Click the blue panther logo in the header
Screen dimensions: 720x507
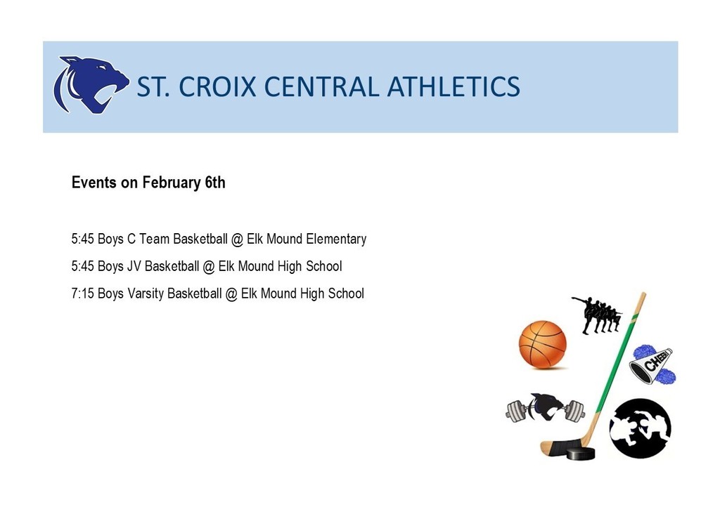click(x=91, y=85)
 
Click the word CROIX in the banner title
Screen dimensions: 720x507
click(x=217, y=86)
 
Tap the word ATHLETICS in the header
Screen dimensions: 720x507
click(x=454, y=86)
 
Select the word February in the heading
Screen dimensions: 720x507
click(x=172, y=183)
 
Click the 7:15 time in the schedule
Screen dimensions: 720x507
click(x=83, y=294)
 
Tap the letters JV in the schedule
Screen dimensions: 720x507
click(x=134, y=266)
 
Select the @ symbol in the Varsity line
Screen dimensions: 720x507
click(x=231, y=294)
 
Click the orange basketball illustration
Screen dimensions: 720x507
click(x=542, y=344)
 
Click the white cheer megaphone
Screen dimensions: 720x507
click(x=651, y=365)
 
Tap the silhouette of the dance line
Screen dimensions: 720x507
click(x=597, y=315)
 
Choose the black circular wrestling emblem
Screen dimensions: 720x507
click(x=640, y=428)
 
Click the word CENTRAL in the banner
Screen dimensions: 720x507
click(x=321, y=86)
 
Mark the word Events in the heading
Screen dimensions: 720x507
click(x=94, y=183)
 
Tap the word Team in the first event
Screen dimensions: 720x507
click(x=154, y=239)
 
